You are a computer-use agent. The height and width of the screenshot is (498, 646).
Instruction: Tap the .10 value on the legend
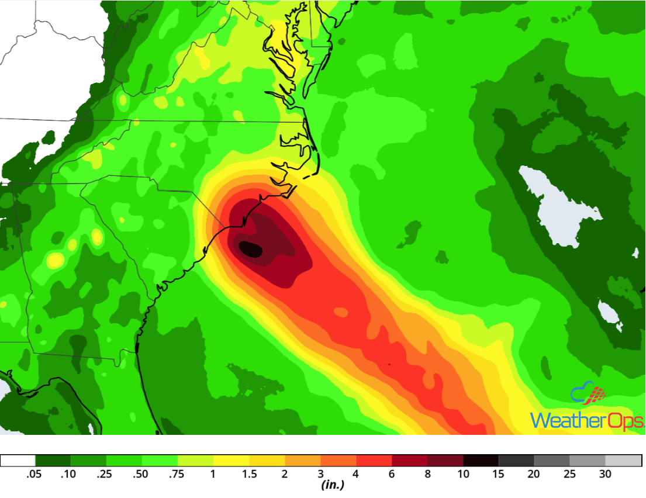point(68,474)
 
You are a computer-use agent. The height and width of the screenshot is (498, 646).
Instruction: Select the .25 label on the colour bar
point(104,474)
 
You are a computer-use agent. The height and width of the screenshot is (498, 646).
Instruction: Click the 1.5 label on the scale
point(250,474)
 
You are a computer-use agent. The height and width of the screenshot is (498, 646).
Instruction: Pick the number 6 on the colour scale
point(392,474)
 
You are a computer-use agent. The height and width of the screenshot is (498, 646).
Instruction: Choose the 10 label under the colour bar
point(463,474)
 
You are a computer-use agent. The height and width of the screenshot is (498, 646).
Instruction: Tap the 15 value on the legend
point(499,474)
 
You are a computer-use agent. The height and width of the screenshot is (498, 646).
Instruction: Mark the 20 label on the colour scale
point(534,474)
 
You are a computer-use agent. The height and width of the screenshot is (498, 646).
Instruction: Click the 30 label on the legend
point(605,474)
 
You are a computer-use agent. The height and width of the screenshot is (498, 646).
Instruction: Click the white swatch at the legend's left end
point(18,461)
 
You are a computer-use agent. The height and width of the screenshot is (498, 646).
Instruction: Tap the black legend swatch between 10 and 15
point(481,461)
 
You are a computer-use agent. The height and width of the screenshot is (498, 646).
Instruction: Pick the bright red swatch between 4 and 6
point(374,461)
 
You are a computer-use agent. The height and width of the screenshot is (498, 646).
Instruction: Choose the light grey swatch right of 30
point(623,461)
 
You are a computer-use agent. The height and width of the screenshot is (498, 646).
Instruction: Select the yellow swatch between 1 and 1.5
point(232,461)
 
